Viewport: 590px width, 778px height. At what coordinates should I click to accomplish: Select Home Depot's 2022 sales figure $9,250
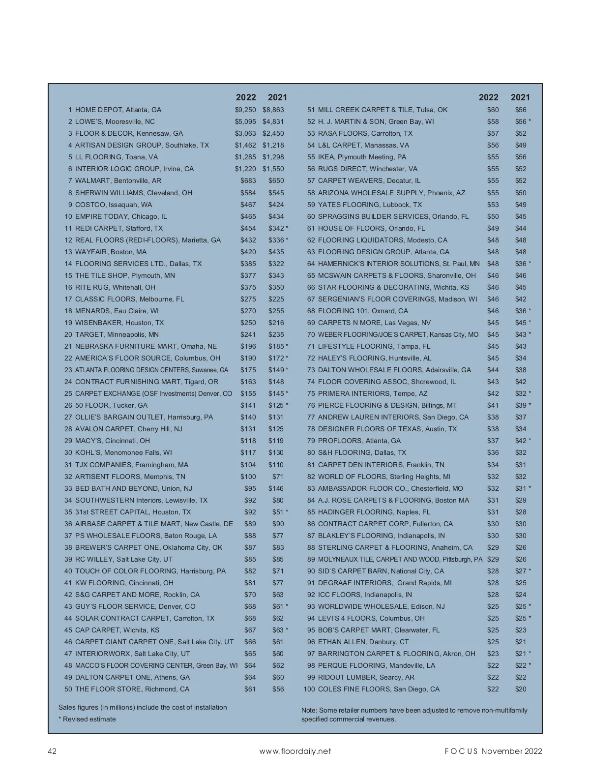pyautogui.click(x=245, y=110)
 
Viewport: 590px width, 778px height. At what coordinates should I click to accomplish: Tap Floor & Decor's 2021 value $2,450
pyautogui.click(x=273, y=134)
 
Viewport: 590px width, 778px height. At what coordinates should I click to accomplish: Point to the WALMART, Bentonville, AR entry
pyautogui.click(x=118, y=181)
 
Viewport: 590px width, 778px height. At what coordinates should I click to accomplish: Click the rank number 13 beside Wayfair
pyautogui.click(x=68, y=252)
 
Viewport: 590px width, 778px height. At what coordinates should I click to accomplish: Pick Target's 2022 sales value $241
pyautogui.click(x=248, y=335)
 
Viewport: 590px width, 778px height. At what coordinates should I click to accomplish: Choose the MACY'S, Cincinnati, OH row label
pyautogui.click(x=113, y=441)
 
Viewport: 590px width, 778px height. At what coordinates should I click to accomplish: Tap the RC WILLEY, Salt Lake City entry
pyautogui.click(x=124, y=560)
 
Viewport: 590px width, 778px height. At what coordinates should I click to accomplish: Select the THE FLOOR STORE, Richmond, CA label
pyautogui.click(x=132, y=689)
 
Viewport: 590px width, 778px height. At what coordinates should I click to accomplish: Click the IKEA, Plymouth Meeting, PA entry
pyautogui.click(x=362, y=157)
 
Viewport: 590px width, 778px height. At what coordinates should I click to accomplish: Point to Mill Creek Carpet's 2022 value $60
pyautogui.click(x=493, y=110)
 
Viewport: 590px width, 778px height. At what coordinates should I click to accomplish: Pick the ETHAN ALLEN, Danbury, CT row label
pyautogui.click(x=363, y=642)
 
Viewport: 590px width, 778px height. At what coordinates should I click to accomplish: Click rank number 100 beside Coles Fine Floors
pyautogui.click(x=309, y=689)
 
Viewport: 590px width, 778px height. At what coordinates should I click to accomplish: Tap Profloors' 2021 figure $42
pyautogui.click(x=521, y=441)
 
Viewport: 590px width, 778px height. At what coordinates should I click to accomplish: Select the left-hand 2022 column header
pyautogui.click(x=246, y=97)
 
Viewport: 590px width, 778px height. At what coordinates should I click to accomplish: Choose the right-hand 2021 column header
pyautogui.click(x=520, y=97)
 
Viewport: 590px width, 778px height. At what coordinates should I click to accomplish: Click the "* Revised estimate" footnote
pyautogui.click(x=88, y=719)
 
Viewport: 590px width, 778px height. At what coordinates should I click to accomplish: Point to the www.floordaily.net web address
pyautogui.click(x=295, y=751)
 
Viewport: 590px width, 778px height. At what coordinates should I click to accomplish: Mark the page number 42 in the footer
pyautogui.click(x=52, y=751)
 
